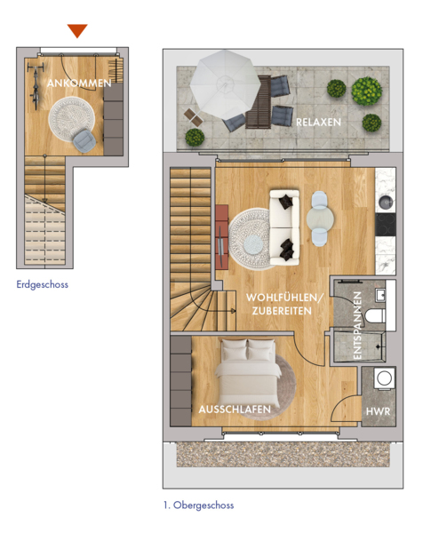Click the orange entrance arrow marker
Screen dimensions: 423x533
tap(77, 30)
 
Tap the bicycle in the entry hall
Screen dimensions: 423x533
tap(36, 87)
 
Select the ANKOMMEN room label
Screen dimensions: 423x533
tap(79, 84)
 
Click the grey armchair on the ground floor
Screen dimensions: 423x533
tap(84, 141)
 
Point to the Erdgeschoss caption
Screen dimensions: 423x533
tap(42, 284)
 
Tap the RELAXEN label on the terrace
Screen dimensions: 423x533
tap(318, 122)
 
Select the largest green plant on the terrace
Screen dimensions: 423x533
tap(366, 91)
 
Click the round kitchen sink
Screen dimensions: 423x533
tap(386, 203)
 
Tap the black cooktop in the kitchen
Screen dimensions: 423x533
tap(386, 225)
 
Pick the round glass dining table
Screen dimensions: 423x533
tap(320, 219)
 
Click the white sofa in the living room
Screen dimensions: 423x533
tap(284, 227)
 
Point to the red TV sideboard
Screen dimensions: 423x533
tap(221, 236)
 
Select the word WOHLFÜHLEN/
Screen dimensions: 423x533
tap(284, 298)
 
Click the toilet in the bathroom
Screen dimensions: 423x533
tap(375, 315)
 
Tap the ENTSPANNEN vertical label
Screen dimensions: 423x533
tap(357, 325)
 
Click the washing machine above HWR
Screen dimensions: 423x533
tap(385, 378)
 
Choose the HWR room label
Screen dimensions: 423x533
tap(378, 411)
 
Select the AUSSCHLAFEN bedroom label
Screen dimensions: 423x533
tap(235, 410)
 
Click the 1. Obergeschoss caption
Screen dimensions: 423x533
tap(198, 505)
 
